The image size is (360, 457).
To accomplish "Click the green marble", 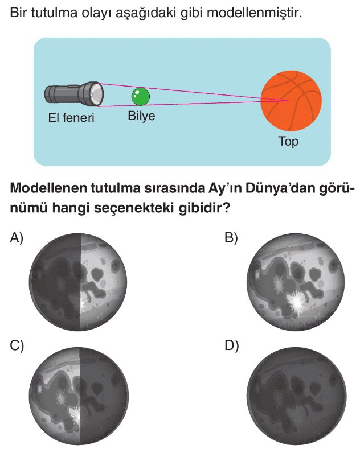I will tap(140, 97).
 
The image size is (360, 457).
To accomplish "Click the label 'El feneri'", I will tap(71, 118).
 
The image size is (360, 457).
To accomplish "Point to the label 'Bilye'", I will tap(141, 116).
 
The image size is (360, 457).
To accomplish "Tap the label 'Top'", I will tap(288, 141).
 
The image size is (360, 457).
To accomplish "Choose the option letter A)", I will tap(17, 238).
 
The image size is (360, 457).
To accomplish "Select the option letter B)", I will tap(231, 238).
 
